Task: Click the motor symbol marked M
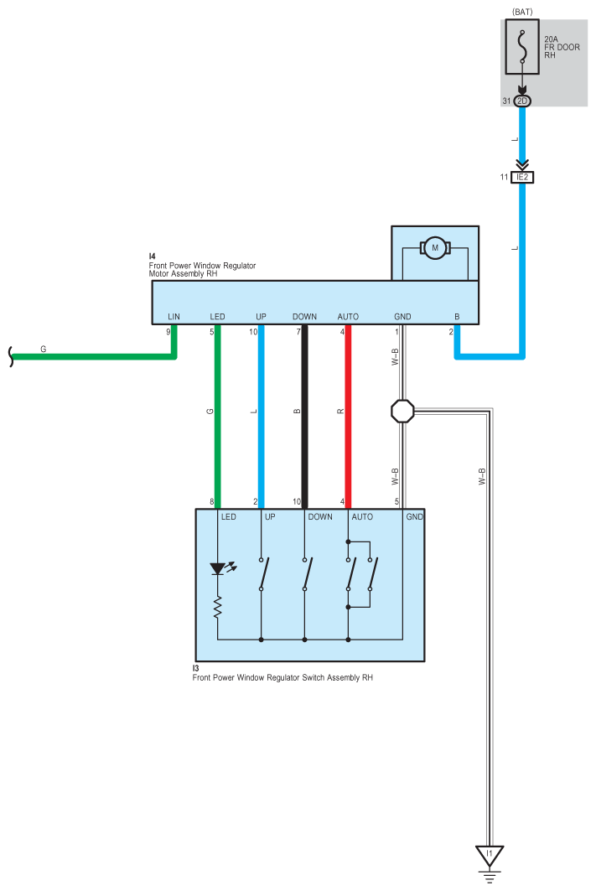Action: [x=434, y=247]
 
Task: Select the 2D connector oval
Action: [x=522, y=101]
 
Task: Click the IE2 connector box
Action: [x=522, y=178]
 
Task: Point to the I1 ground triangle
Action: [x=490, y=856]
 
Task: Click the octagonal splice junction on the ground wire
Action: [x=402, y=411]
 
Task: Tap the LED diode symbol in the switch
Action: [x=218, y=569]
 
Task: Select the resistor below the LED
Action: [x=218, y=608]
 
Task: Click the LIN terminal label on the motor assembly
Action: [x=174, y=316]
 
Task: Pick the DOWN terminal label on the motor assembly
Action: [x=304, y=316]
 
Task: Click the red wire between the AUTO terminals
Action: [x=348, y=419]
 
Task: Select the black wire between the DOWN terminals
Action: [x=304, y=419]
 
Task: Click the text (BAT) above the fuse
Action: [x=522, y=12]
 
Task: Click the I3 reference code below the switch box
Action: [x=195, y=668]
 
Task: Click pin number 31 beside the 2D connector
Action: [x=505, y=101]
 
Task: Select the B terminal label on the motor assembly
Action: [x=457, y=316]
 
